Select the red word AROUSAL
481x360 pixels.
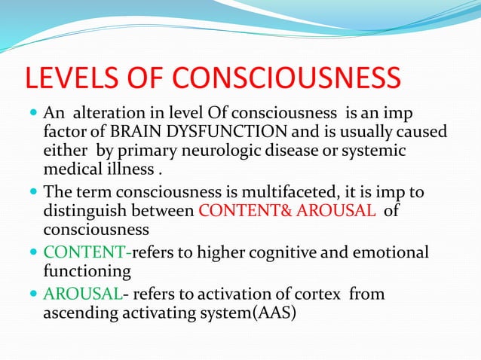coord(339,212)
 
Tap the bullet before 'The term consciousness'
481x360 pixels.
coord(32,194)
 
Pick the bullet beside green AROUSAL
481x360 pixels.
coord(32,294)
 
